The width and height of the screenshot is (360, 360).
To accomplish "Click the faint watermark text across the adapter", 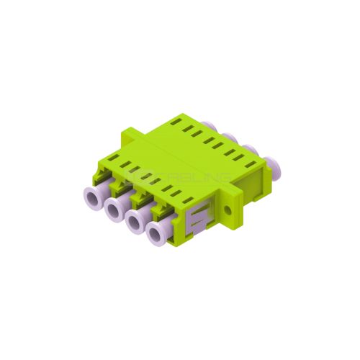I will point(179,176).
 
